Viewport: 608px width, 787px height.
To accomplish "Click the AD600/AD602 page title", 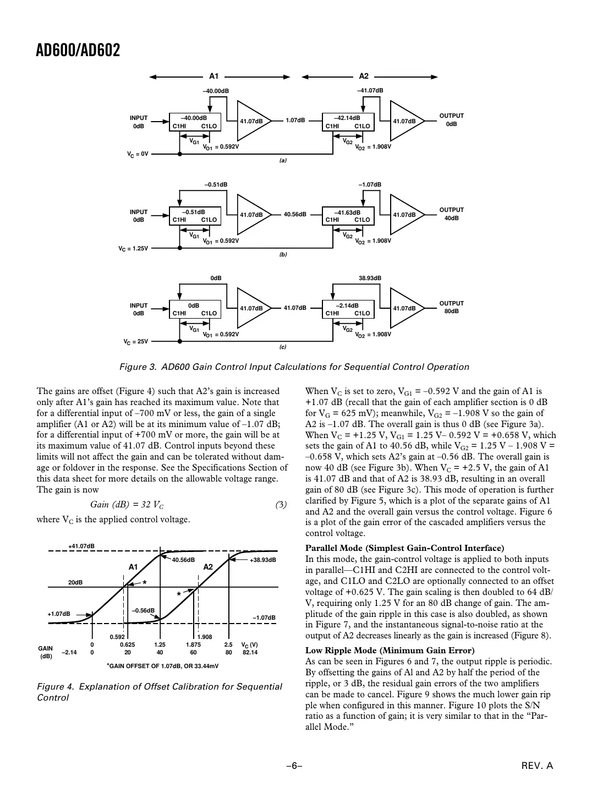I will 78,51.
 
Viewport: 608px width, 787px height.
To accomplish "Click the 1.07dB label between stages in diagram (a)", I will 295,121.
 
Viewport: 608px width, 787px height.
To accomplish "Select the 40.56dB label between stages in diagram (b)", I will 295,215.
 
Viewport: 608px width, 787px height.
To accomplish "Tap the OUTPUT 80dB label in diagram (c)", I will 451,307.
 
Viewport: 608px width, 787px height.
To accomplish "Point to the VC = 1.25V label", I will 134,248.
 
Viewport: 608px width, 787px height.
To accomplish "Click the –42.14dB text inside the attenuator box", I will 348,118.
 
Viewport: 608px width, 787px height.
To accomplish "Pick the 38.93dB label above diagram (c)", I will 370,278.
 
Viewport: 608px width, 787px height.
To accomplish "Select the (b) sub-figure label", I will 283,255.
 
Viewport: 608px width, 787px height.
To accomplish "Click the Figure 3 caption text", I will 294,367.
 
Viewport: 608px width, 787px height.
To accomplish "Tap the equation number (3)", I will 281,505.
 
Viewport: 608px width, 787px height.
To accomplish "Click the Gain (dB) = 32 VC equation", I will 127,505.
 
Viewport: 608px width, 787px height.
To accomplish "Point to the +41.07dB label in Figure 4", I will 81,546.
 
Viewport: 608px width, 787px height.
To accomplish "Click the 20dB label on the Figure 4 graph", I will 75,582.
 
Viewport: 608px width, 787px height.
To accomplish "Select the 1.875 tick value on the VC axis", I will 194,644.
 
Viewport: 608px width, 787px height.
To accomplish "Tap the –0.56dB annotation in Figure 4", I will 143,610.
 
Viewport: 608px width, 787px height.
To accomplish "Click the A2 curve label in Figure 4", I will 208,567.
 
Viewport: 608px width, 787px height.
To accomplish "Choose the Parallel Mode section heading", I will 404,548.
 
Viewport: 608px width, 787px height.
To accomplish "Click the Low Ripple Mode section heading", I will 390,651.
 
